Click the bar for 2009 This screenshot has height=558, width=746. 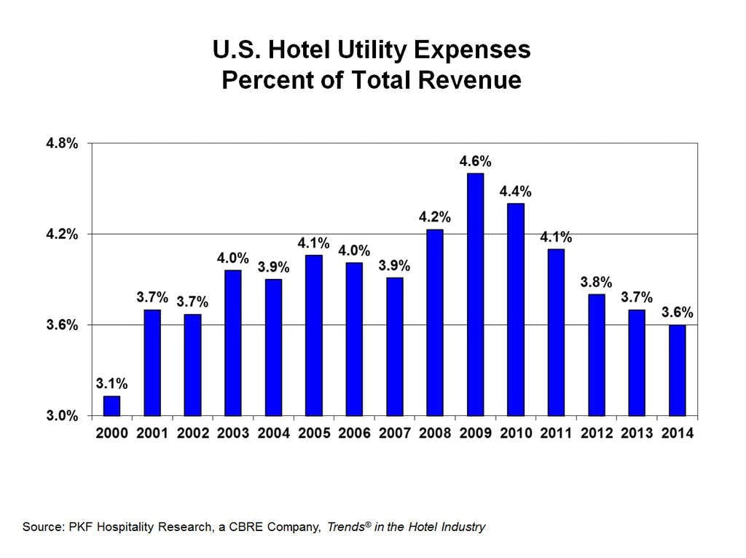(x=475, y=294)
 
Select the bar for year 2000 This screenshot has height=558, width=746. (x=111, y=406)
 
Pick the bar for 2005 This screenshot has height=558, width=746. (x=314, y=335)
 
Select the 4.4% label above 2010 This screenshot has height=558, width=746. (x=515, y=192)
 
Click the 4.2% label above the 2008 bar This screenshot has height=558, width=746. (x=435, y=217)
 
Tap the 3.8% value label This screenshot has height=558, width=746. (x=596, y=282)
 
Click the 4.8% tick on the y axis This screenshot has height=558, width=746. (x=62, y=144)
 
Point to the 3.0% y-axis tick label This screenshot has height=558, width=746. (x=62, y=416)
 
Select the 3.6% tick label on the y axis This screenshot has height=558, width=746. (x=62, y=325)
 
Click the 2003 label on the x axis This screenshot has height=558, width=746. (x=232, y=433)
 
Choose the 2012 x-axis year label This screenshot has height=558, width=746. (x=596, y=433)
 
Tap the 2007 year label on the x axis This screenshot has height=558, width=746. (x=394, y=433)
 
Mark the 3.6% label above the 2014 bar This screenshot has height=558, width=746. (x=678, y=313)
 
